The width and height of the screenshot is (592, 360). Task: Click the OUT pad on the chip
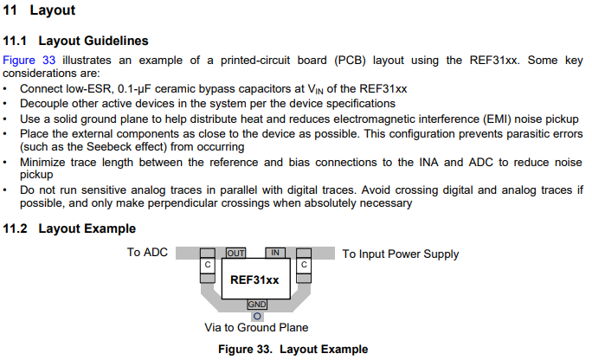pos(235,253)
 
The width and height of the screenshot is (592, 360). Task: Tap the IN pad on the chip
pos(275,253)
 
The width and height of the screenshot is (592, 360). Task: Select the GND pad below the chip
pos(257,305)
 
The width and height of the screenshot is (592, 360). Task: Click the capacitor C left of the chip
pos(207,264)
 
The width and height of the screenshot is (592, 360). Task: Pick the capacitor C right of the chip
pos(304,264)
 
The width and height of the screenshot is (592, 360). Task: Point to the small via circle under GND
pos(257,316)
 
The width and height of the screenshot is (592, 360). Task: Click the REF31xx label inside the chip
pos(254,280)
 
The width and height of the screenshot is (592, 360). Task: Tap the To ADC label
pos(147,253)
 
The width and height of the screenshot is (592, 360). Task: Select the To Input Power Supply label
pos(401,254)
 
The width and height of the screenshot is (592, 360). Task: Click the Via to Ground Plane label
pos(256,328)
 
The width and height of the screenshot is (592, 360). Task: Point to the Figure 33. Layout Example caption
pos(293,349)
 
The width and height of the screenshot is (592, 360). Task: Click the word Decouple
pos(46,103)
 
